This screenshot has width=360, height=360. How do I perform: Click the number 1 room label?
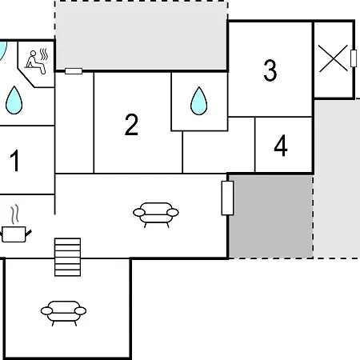click(15, 160)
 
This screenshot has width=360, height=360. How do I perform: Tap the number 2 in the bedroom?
click(131, 124)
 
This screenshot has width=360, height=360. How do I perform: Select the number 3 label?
click(270, 70)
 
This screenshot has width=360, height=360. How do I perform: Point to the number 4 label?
click(281, 146)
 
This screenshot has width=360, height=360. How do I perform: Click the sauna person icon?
click(35, 62)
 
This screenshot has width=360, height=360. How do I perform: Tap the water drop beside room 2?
click(199, 101)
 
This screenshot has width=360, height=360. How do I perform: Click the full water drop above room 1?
click(14, 100)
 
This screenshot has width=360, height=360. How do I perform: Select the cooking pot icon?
click(15, 234)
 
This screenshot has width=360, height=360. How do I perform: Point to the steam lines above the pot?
click(15, 214)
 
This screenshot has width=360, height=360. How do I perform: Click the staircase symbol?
click(67, 257)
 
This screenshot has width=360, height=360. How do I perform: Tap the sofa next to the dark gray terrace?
click(156, 215)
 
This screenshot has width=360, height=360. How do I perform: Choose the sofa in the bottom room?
click(63, 314)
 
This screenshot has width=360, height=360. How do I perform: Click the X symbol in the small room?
click(334, 58)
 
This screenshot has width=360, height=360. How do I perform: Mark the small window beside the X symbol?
click(354, 58)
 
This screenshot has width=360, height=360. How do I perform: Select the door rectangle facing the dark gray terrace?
click(227, 198)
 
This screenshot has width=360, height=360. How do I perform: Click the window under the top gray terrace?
click(74, 71)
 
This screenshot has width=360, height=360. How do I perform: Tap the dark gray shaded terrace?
click(271, 216)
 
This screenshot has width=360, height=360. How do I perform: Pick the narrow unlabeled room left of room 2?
click(74, 122)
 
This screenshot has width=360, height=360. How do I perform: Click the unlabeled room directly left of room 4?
click(218, 151)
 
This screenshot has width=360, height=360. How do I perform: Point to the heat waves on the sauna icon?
click(44, 54)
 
